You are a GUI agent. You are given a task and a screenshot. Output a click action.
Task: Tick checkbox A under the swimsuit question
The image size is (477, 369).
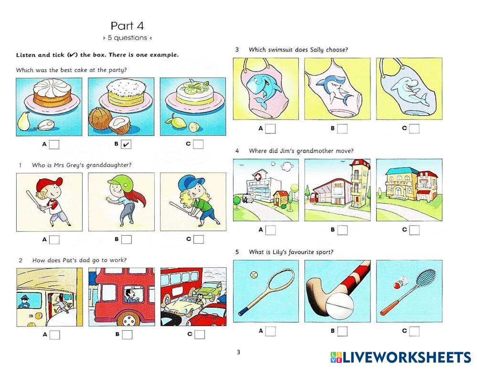click(x=270, y=129)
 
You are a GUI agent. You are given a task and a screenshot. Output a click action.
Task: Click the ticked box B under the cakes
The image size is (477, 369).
click(x=126, y=144)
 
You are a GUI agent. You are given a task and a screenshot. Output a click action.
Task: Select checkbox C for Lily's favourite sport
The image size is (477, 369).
click(x=414, y=331)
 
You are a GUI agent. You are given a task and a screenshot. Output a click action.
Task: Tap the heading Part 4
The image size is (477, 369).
click(x=127, y=26)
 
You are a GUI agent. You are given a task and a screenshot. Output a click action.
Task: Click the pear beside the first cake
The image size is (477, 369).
click(x=23, y=121)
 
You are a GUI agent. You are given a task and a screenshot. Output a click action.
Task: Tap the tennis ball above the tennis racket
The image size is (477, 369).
click(x=254, y=275)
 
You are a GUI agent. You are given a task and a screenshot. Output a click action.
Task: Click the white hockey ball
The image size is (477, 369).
click(x=340, y=306)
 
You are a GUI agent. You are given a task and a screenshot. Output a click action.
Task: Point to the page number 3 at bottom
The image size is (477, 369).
click(x=238, y=352)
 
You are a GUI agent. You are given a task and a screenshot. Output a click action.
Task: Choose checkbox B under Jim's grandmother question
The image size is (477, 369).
click(x=342, y=230)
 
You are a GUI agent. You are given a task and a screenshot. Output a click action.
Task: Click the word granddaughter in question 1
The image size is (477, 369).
click(x=109, y=165)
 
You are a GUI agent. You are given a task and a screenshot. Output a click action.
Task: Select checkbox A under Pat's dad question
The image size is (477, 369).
click(x=55, y=335)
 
